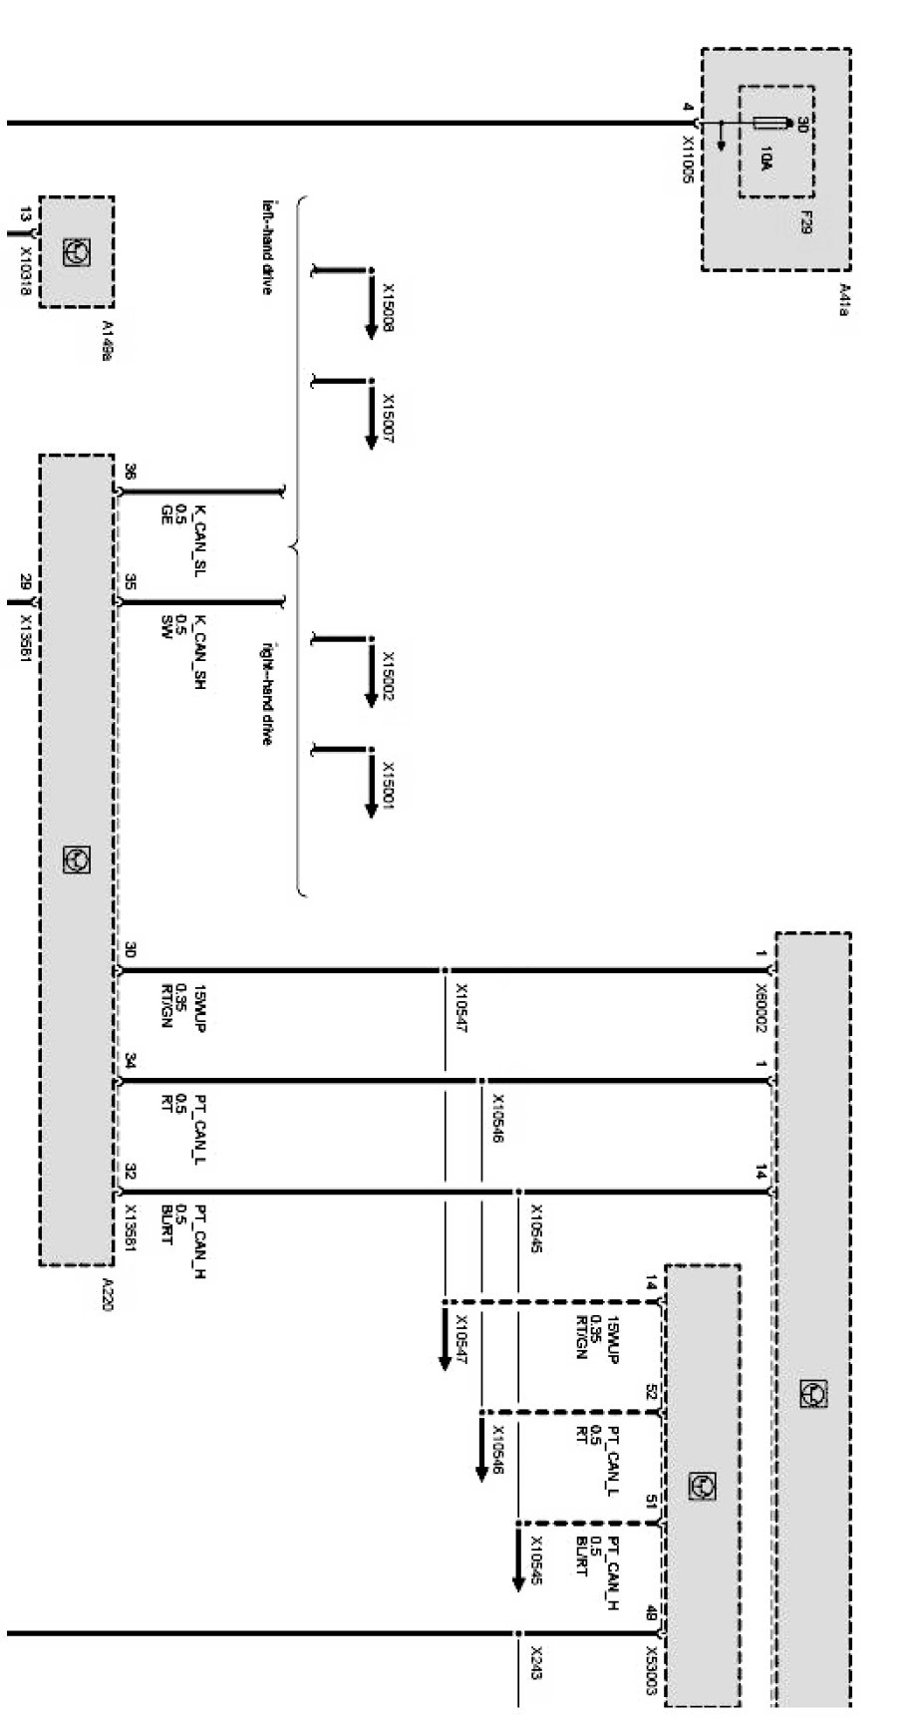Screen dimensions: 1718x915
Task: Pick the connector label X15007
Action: (388, 416)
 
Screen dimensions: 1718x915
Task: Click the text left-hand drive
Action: (268, 249)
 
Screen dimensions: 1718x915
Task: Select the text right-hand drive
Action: (268, 693)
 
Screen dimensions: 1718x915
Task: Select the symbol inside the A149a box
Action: (76, 252)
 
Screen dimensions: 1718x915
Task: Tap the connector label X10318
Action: (26, 266)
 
